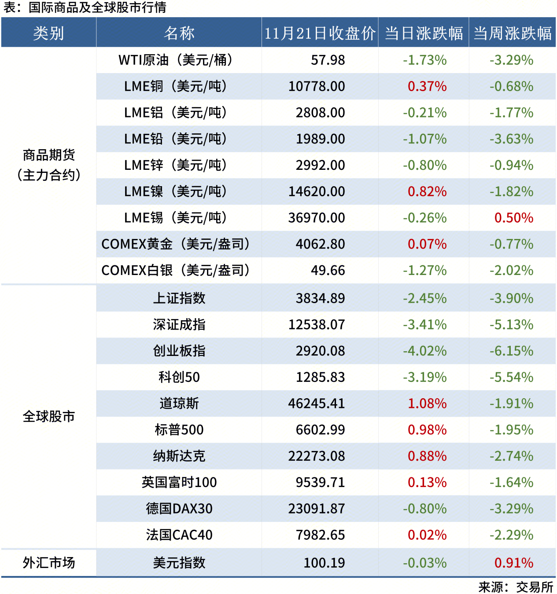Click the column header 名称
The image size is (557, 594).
(x=179, y=33)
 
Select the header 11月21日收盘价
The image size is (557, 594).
(x=320, y=33)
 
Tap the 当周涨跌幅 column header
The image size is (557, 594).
(x=513, y=33)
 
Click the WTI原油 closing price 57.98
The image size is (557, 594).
(x=328, y=60)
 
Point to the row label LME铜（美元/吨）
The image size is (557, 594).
(x=176, y=86)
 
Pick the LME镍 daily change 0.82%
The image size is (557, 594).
(x=427, y=191)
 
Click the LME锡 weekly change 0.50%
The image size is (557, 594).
(x=514, y=218)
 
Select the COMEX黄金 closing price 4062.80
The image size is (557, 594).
(x=320, y=244)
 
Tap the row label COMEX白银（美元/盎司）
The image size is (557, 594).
(x=176, y=270)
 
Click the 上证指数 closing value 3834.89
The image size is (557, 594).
(x=320, y=298)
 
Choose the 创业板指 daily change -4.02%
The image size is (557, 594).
(x=425, y=351)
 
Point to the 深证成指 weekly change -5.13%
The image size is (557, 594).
(x=512, y=325)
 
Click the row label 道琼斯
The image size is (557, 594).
(x=179, y=403)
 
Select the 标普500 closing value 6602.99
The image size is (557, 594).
(x=320, y=430)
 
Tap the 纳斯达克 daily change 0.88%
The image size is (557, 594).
(x=427, y=456)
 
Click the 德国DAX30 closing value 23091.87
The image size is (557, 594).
(x=317, y=509)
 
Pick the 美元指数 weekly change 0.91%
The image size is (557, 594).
(x=514, y=563)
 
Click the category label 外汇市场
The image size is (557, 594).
(x=49, y=563)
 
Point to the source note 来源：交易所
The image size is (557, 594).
(x=516, y=587)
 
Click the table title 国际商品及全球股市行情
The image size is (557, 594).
(x=97, y=7)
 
